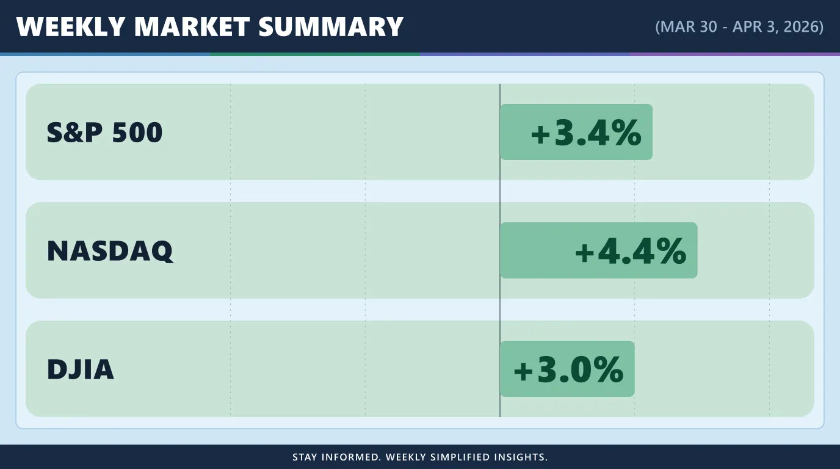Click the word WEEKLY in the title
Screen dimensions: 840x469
[70, 27]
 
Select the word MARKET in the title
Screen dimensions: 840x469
[192, 27]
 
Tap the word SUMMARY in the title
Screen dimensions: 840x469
[331, 27]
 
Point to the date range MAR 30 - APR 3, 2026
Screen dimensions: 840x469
[739, 27]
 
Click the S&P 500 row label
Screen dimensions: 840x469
[104, 133]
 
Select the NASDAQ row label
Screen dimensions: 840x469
[110, 251]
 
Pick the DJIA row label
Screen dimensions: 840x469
[80, 369]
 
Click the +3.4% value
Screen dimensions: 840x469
[586, 133]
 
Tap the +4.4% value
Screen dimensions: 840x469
[631, 251]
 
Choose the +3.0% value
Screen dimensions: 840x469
[568, 369]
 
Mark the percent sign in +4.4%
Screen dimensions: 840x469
[671, 251]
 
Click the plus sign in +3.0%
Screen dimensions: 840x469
[524, 371]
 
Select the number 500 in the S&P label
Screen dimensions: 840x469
[137, 133]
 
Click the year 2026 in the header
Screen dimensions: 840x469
[802, 27]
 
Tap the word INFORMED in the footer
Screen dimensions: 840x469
[352, 457]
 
